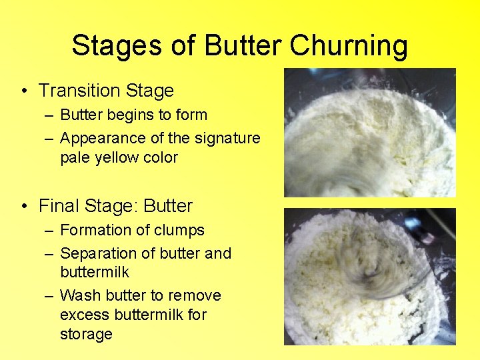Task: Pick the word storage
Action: click(86, 334)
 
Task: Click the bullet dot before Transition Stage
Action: click(25, 91)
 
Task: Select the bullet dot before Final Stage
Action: click(25, 207)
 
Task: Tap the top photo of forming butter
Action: click(370, 133)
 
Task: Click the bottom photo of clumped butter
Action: click(370, 277)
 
